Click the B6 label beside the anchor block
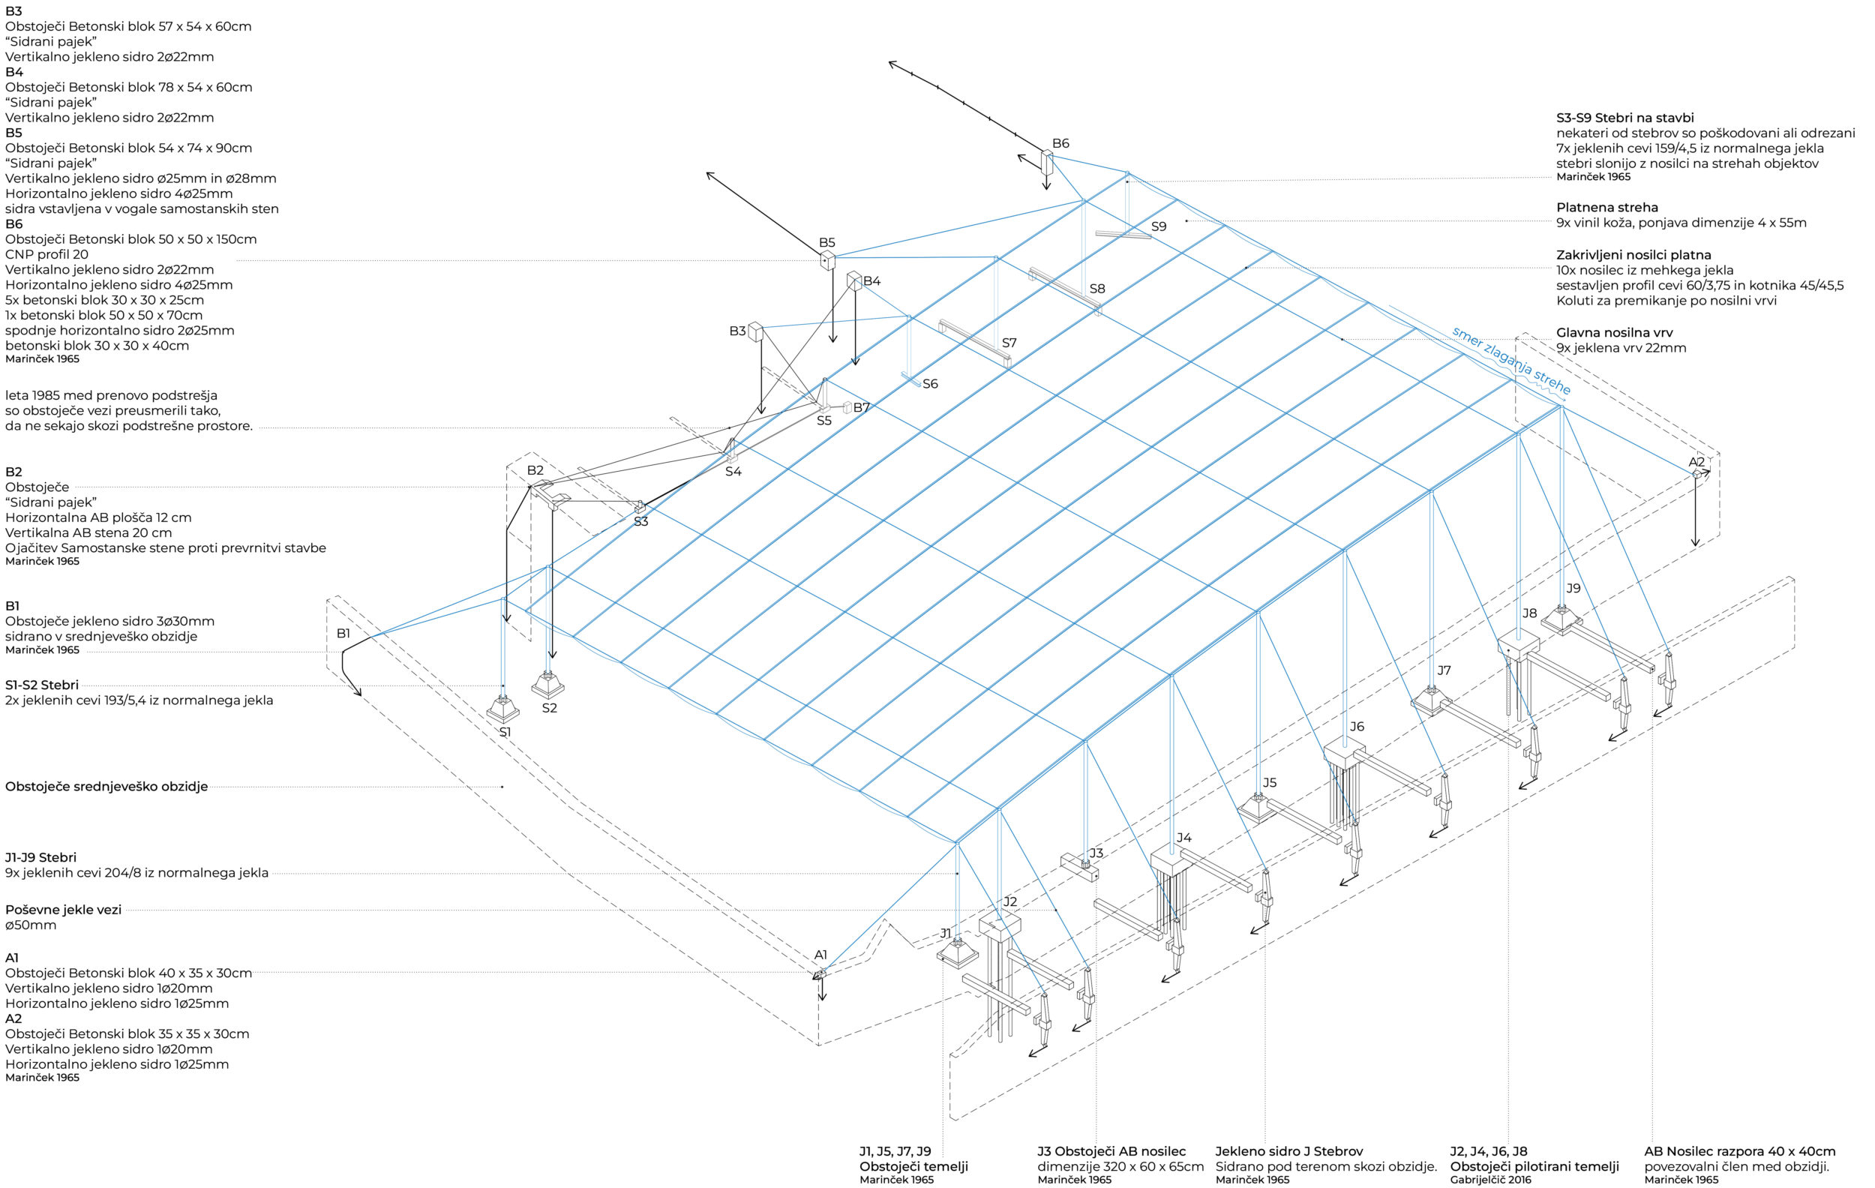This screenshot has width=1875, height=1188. pyautogui.click(x=1060, y=143)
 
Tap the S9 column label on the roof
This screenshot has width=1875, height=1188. pyautogui.click(x=1159, y=226)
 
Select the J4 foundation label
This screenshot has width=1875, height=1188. pyautogui.click(x=1183, y=838)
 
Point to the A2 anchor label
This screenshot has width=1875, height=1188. pyautogui.click(x=1696, y=462)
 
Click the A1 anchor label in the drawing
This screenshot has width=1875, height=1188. pyautogui.click(x=820, y=955)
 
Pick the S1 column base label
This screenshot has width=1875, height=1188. pyautogui.click(x=505, y=733)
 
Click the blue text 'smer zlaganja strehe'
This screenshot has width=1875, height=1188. pyautogui.click(x=1510, y=361)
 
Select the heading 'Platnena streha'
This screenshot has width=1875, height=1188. pyautogui.click(x=1606, y=208)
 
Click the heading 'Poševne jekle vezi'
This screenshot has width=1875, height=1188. pyautogui.click(x=63, y=909)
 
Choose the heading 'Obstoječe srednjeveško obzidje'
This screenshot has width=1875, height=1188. pyautogui.click(x=106, y=786)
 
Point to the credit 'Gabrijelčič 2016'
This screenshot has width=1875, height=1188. pyautogui.click(x=1490, y=1180)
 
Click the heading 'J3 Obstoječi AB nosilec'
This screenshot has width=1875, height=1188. pyautogui.click(x=1111, y=1150)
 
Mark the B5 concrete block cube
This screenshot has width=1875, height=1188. pyautogui.click(x=827, y=260)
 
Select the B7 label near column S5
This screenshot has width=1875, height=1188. pyautogui.click(x=861, y=407)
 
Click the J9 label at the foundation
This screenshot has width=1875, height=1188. pyautogui.click(x=1573, y=589)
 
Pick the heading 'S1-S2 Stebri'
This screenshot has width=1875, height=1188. pyautogui.click(x=42, y=685)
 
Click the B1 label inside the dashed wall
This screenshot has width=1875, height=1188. pyautogui.click(x=343, y=634)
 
